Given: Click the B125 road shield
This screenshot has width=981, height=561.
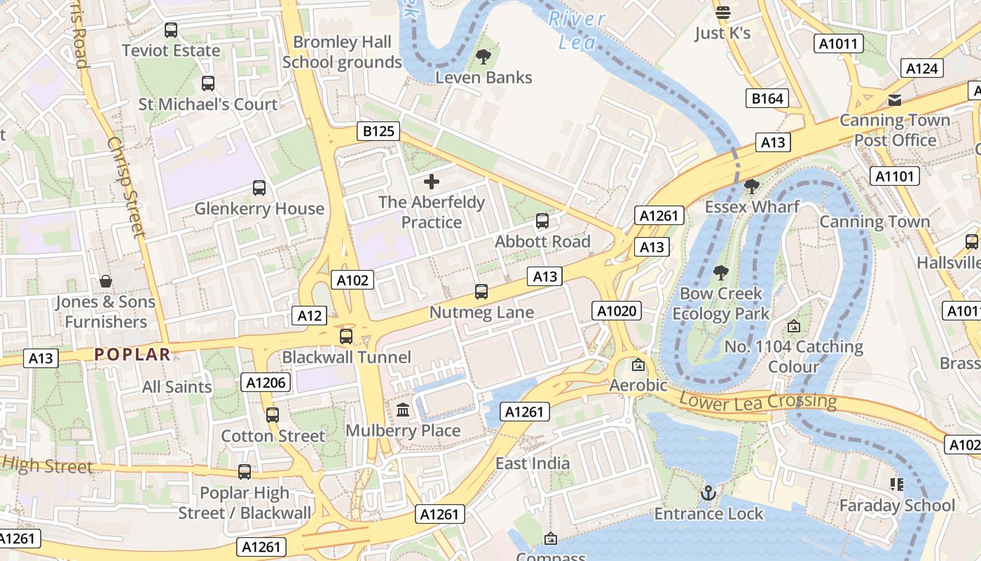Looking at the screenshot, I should pyautogui.click(x=378, y=131).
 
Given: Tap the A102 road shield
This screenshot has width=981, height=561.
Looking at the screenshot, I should pyautogui.click(x=352, y=280).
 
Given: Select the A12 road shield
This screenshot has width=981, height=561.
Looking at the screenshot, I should pyautogui.click(x=309, y=316).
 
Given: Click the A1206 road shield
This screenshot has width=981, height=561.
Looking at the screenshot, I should pyautogui.click(x=266, y=382).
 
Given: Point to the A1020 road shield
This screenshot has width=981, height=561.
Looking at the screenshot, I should pyautogui.click(x=617, y=311).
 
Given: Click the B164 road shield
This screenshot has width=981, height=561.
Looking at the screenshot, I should pyautogui.click(x=767, y=98).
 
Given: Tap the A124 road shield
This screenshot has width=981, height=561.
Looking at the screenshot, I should pyautogui.click(x=921, y=68).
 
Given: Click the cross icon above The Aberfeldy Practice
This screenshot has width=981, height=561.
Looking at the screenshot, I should pyautogui.click(x=432, y=182).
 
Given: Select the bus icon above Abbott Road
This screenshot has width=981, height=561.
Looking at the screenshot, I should pyautogui.click(x=542, y=221).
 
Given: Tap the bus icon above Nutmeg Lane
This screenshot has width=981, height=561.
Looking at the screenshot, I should pyautogui.click(x=481, y=292).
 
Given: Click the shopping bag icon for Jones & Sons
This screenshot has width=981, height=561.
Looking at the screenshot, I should pyautogui.click(x=106, y=281).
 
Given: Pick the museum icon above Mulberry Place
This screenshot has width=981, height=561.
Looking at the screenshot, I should pyautogui.click(x=403, y=410).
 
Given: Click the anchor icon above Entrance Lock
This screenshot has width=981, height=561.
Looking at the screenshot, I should pyautogui.click(x=708, y=493).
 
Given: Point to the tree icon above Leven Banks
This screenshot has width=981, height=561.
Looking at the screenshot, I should pyautogui.click(x=483, y=57).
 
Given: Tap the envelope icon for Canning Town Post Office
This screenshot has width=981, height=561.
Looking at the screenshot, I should pyautogui.click(x=895, y=100).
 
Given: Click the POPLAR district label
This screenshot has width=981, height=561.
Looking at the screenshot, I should pyautogui.click(x=132, y=354).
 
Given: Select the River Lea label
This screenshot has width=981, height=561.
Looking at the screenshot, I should pyautogui.click(x=577, y=30).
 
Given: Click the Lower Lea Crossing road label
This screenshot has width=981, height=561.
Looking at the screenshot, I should pyautogui.click(x=758, y=402).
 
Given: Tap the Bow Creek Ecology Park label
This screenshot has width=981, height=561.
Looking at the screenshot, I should pyautogui.click(x=721, y=304).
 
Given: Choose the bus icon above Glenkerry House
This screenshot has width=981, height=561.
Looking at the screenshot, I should pyautogui.click(x=259, y=188).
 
